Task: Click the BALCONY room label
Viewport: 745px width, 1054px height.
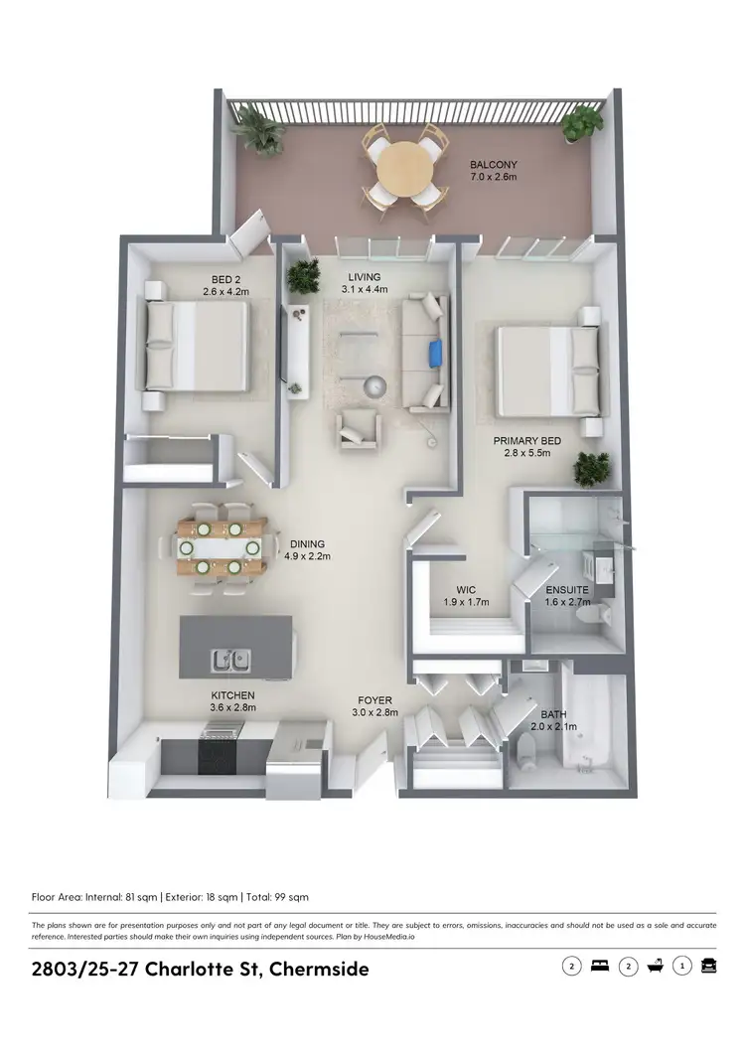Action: point(493,165)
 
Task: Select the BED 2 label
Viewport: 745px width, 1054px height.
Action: point(196,278)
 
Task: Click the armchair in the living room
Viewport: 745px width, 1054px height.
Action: point(358,427)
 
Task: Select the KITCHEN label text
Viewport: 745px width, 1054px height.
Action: point(232,695)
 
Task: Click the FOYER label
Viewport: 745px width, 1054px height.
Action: point(374,698)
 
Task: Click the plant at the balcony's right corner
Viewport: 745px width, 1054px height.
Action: point(581,124)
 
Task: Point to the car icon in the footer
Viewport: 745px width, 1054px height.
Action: point(708,966)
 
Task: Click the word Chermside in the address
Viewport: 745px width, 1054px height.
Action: point(315,969)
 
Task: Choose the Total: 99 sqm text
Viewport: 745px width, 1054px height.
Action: point(277,896)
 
